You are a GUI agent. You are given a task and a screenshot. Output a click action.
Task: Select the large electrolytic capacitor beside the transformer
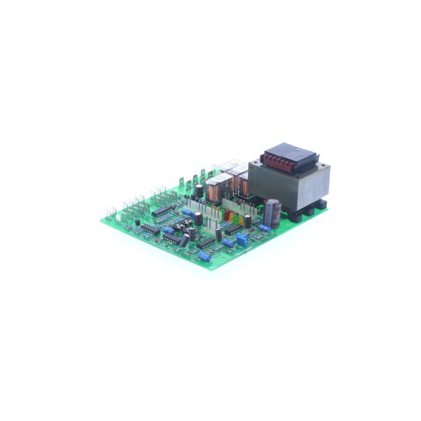[x=273, y=213]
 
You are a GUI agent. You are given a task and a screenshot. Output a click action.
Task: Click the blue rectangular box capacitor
[x=242, y=240]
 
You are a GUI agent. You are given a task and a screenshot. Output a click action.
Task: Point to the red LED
[x=227, y=216]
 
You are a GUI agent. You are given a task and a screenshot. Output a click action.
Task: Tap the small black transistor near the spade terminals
[x=137, y=222]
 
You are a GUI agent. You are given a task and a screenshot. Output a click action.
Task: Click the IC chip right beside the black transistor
[x=150, y=229]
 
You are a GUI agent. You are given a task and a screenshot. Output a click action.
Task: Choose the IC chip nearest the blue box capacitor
[x=233, y=229]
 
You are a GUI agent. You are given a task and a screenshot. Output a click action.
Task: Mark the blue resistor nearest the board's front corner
[x=205, y=256]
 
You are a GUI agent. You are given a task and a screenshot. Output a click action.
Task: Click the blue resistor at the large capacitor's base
[x=264, y=228]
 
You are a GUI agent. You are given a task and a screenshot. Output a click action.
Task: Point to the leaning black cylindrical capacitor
[x=184, y=240]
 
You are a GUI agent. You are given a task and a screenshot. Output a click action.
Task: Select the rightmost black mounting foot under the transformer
[x=320, y=204]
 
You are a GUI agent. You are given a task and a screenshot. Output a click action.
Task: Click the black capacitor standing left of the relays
[x=199, y=191]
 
